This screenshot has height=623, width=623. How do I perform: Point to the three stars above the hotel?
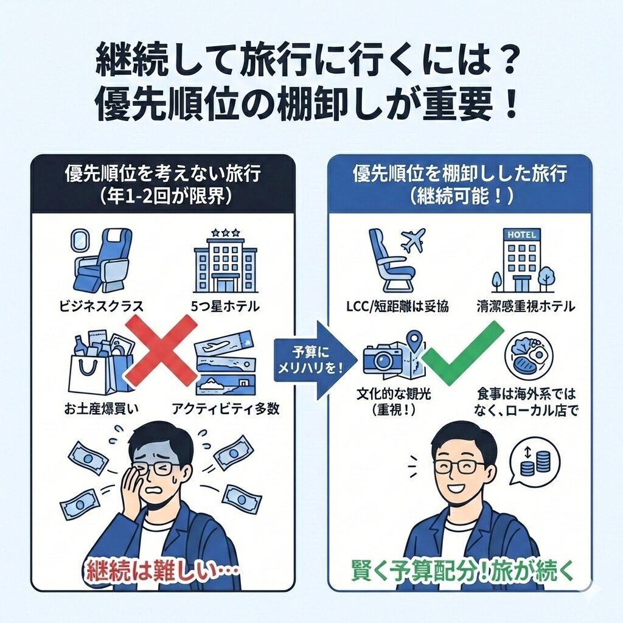(226, 232)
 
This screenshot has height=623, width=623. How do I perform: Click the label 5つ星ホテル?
(225, 307)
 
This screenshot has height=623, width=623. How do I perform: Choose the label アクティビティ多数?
(226, 408)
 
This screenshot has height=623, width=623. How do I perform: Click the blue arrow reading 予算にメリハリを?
(315, 360)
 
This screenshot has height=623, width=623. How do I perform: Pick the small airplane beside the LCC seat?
(413, 240)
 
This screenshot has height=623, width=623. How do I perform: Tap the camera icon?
(381, 359)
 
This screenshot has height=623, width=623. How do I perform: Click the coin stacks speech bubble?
(534, 461)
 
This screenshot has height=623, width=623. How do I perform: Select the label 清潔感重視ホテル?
(526, 307)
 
